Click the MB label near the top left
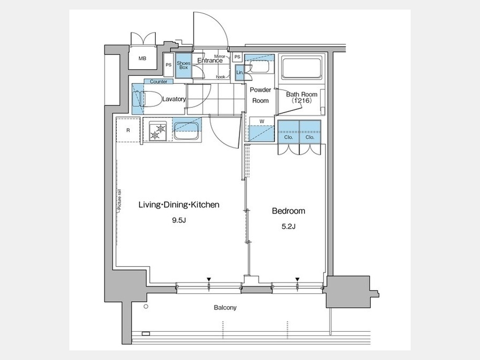click(x=142, y=59)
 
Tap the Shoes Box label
click(x=183, y=65)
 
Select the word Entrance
click(x=210, y=60)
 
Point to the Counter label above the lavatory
click(x=158, y=82)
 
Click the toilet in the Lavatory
click(x=150, y=99)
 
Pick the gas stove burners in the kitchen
click(x=157, y=131)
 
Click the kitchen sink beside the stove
click(x=187, y=130)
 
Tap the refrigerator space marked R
click(x=128, y=130)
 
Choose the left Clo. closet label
click(x=289, y=137)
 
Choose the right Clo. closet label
click(x=310, y=137)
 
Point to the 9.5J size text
click(x=179, y=220)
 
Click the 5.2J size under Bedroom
click(x=289, y=227)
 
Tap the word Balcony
click(x=225, y=307)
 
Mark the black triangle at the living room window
click(x=209, y=279)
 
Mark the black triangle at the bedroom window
click(x=297, y=279)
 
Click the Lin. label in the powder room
click(x=239, y=73)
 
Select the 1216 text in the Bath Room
click(x=301, y=100)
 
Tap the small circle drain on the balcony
click(x=146, y=307)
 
